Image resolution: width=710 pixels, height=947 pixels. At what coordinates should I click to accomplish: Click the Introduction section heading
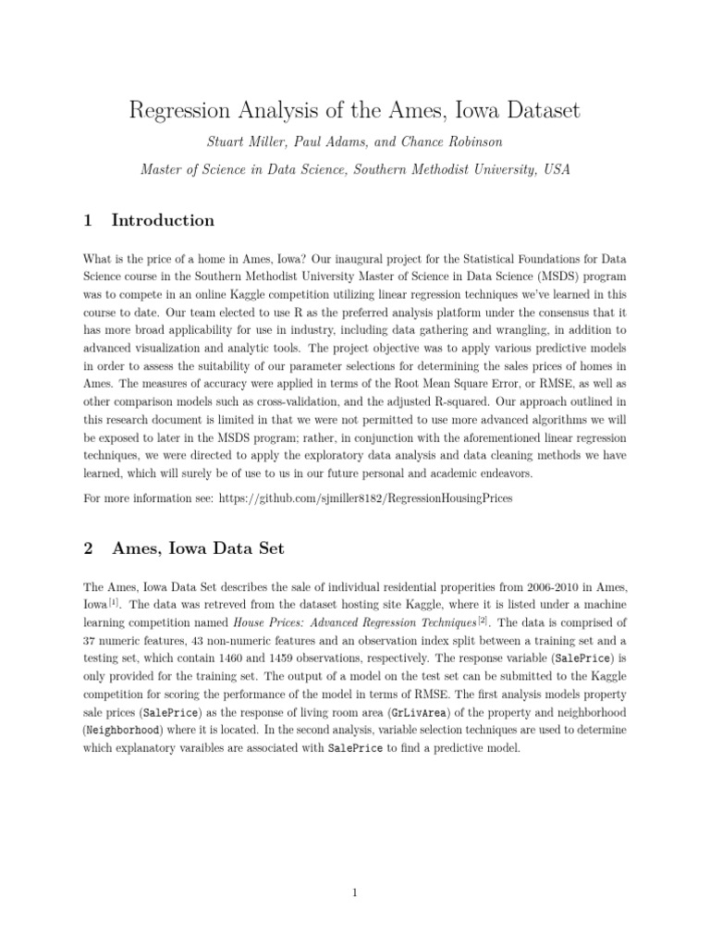163,220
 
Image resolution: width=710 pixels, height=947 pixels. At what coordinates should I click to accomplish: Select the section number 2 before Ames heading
89,548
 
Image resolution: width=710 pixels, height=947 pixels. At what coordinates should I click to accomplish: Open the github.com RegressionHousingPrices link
365,498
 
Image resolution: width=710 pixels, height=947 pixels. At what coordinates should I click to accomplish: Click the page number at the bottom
355,892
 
